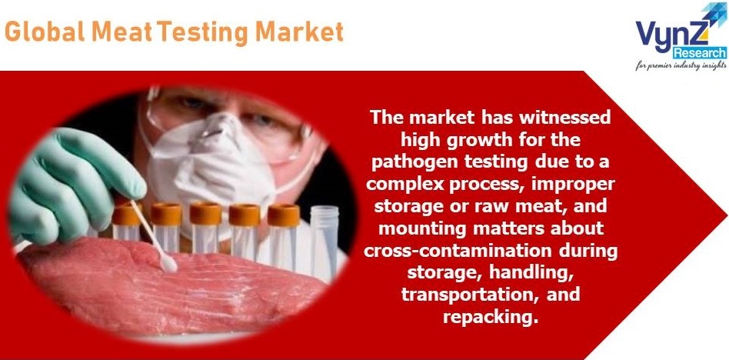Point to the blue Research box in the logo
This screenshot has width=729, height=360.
point(700,52)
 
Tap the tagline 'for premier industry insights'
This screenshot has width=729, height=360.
point(681,65)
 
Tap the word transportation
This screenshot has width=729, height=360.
point(465,295)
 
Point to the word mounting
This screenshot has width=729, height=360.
point(412,229)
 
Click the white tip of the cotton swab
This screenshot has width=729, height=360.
point(168,265)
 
